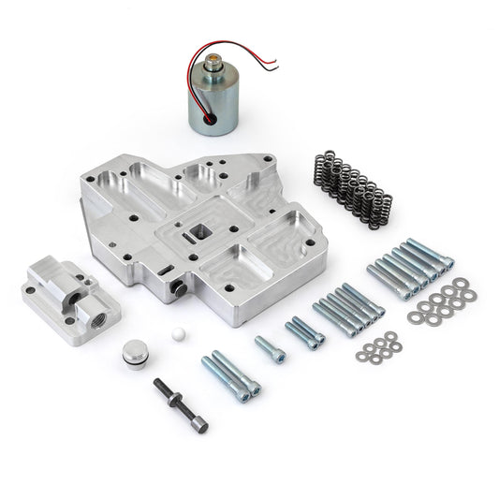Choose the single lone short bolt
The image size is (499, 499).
(269, 349)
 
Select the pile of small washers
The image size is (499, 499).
(376, 351)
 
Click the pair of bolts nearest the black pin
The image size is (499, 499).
(227, 374)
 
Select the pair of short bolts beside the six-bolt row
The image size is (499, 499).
(304, 332)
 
